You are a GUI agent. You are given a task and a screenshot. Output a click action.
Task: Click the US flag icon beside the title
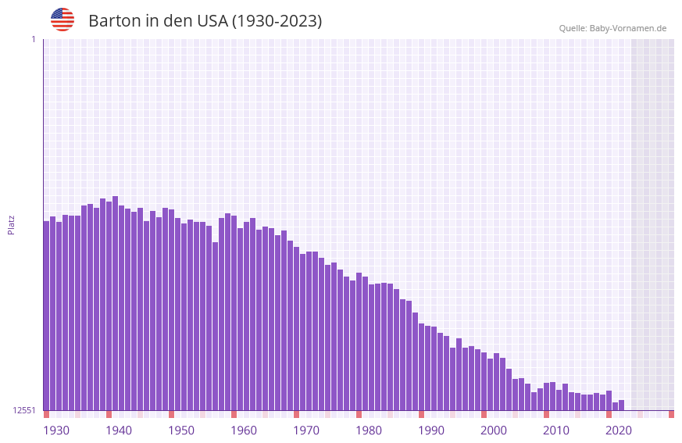click(x=62, y=20)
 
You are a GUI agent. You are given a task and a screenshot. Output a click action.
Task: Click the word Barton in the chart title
click(x=114, y=21)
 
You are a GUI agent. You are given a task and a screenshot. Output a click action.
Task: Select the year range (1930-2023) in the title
click(x=277, y=21)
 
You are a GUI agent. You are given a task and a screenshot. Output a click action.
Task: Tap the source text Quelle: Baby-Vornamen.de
click(x=612, y=28)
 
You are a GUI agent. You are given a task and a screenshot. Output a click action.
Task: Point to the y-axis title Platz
click(x=11, y=224)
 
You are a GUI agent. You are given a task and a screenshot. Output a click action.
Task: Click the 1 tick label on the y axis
click(x=33, y=39)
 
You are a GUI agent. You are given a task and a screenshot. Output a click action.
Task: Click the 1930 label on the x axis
click(x=56, y=430)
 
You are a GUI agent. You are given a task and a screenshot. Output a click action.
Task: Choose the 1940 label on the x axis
click(x=119, y=430)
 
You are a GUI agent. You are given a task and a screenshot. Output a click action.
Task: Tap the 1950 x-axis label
click(x=181, y=430)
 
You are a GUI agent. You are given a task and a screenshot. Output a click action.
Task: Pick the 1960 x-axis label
click(x=244, y=430)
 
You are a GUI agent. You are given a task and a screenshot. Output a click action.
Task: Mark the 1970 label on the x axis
click(x=306, y=430)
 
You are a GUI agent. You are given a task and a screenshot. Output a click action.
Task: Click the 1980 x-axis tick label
click(x=369, y=430)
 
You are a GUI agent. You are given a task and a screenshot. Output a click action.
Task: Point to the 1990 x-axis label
click(x=431, y=430)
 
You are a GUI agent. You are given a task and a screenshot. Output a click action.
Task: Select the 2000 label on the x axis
click(x=494, y=430)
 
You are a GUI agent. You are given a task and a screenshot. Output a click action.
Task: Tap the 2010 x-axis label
click(x=556, y=430)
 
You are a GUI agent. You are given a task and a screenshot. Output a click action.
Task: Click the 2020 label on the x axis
click(x=619, y=430)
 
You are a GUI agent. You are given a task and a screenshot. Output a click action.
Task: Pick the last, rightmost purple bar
click(x=622, y=405)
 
